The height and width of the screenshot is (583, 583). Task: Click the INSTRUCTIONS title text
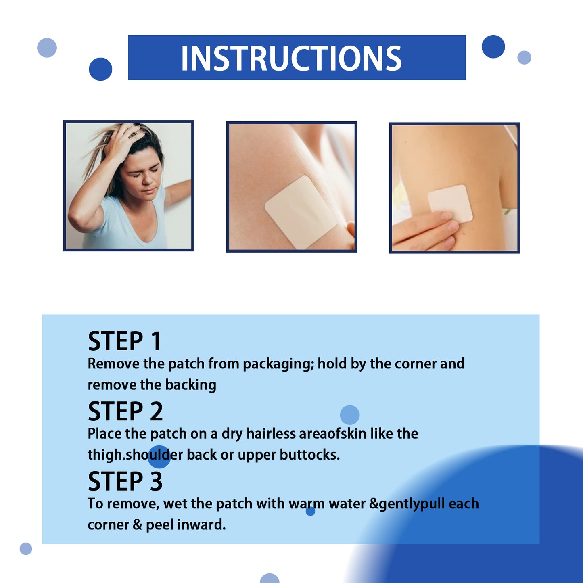(291, 58)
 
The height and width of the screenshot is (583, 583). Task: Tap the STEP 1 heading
(125, 341)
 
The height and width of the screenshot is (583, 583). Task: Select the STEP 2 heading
(125, 412)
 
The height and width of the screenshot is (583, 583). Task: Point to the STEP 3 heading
(125, 481)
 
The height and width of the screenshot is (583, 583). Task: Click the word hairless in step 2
(271, 434)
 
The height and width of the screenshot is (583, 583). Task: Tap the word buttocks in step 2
(309, 455)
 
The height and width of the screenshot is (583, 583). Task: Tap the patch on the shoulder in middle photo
(301, 211)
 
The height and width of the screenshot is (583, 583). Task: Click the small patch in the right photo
(450, 203)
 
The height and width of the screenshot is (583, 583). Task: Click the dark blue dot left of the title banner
(100, 69)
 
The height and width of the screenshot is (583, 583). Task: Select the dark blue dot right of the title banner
(493, 46)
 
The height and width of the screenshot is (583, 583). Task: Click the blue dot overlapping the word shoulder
(159, 456)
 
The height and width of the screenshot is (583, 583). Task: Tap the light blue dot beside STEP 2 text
(349, 415)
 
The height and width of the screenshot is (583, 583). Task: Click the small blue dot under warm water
(310, 511)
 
